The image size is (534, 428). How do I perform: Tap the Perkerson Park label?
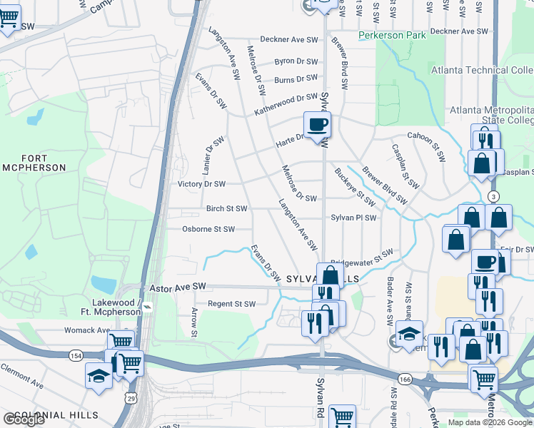pos(392,34)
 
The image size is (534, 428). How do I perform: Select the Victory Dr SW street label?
pos(201,184)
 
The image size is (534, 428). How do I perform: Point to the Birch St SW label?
pos(226,209)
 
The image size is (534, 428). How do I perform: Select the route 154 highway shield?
pos(76,355)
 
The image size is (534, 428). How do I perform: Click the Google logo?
pos(24,419)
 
